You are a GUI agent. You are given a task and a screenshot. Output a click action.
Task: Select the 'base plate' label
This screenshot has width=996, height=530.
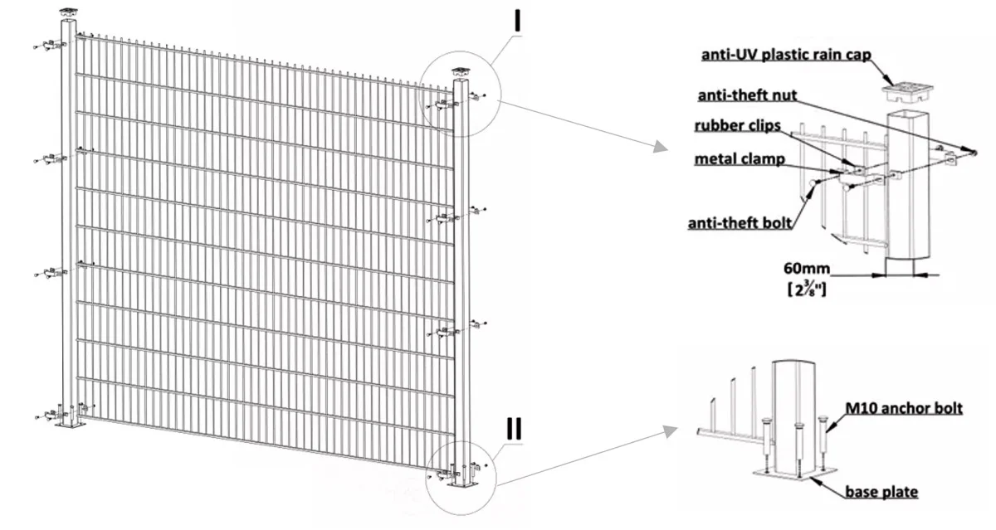(881, 492)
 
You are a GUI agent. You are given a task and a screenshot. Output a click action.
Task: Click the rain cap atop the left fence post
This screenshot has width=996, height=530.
(67, 14)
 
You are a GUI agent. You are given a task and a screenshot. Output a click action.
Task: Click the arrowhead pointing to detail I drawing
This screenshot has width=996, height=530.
(659, 147)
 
